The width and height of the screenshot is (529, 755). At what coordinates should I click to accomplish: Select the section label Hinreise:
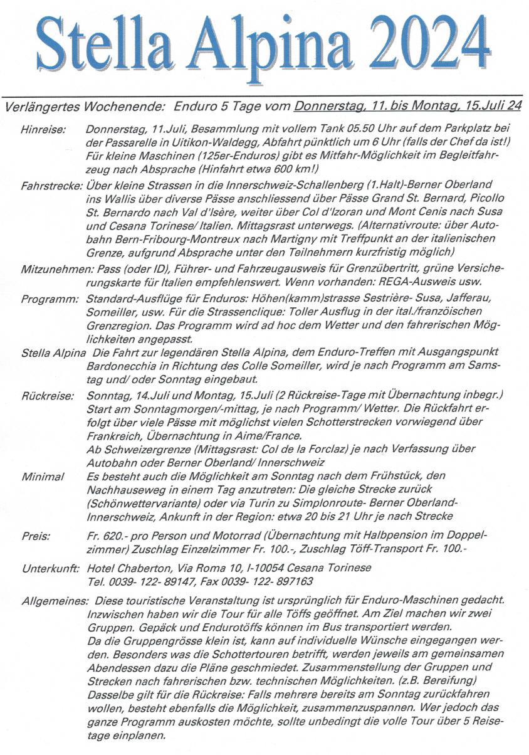[x=43, y=129]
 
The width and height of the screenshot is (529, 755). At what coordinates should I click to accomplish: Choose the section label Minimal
[x=43, y=477]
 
